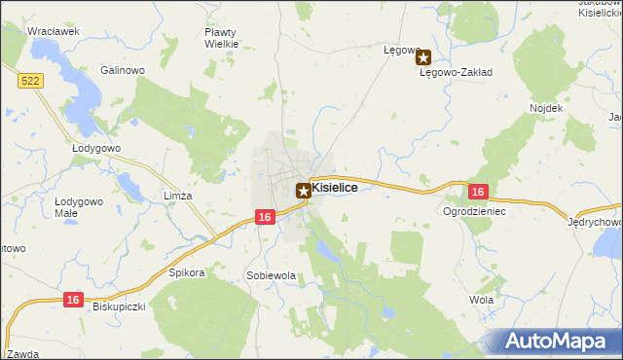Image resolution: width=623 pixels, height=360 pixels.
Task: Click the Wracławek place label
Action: tap(53, 31)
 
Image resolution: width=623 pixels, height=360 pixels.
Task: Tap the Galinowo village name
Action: tap(123, 70)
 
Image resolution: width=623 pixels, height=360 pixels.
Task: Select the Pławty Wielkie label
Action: tap(220, 37)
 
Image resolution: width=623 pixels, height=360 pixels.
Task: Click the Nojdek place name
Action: tap(546, 107)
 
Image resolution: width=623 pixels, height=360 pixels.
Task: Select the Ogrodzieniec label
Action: tap(474, 210)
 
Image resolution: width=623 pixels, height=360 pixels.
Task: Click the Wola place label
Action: tap(481, 300)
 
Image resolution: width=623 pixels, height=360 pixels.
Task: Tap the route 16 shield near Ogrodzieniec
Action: tap(476, 193)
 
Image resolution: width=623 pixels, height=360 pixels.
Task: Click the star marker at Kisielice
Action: tap(304, 192)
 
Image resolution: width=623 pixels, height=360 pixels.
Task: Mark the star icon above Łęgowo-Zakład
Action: tap(423, 57)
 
